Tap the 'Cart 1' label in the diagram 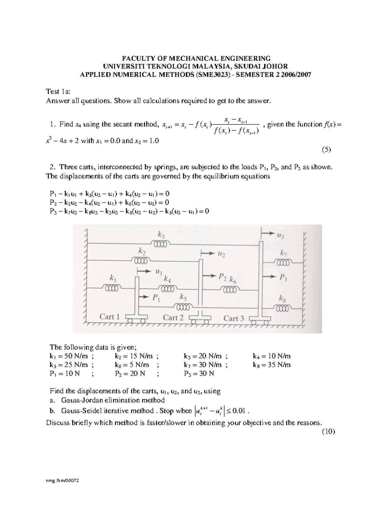[x=109, y=317]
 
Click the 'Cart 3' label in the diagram [x=234, y=318]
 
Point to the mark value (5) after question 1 [x=326, y=150]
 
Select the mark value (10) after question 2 [x=328, y=432]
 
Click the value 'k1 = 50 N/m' [x=69, y=356]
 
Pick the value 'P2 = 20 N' [x=130, y=373]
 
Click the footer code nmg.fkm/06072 [x=64, y=481]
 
